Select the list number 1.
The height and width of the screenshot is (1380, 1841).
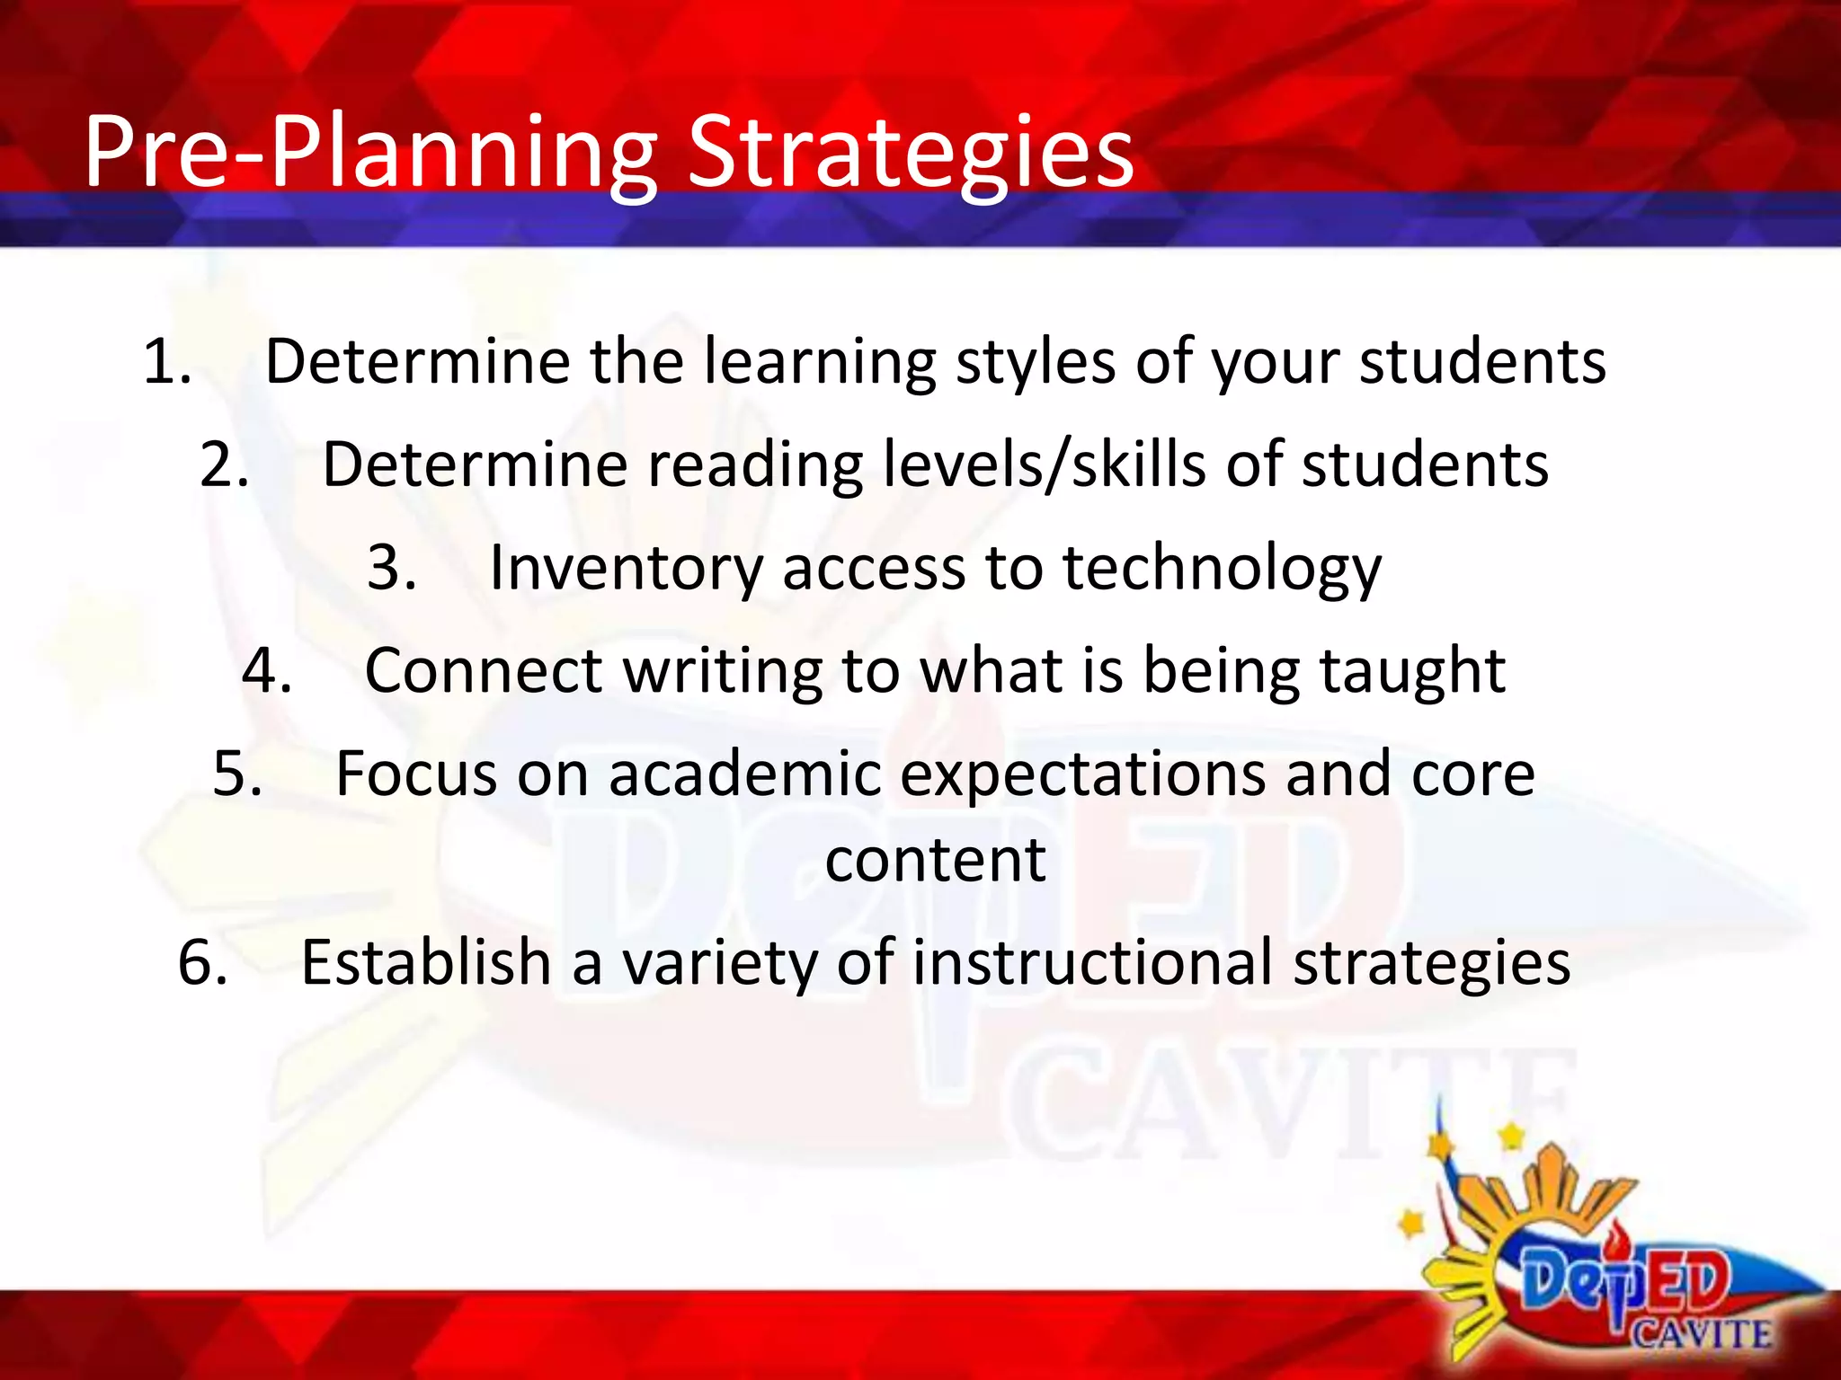point(167,362)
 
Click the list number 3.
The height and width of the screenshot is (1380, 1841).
point(392,568)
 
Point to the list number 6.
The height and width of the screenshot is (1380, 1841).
point(202,962)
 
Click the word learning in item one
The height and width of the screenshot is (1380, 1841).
point(819,362)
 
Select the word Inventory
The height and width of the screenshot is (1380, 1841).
point(626,568)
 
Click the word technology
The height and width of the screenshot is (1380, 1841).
point(1222,568)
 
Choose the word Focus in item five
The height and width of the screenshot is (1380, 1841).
point(416,774)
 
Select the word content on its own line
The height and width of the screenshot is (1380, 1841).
point(935,861)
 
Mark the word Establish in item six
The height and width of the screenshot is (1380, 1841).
point(425,962)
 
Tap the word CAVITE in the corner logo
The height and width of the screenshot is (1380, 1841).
point(1702,1334)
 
